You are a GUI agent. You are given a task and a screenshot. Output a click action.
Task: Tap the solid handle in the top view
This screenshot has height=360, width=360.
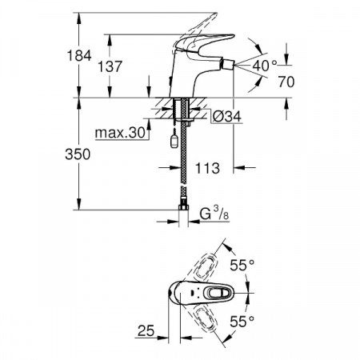pyautogui.click(x=216, y=291)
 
